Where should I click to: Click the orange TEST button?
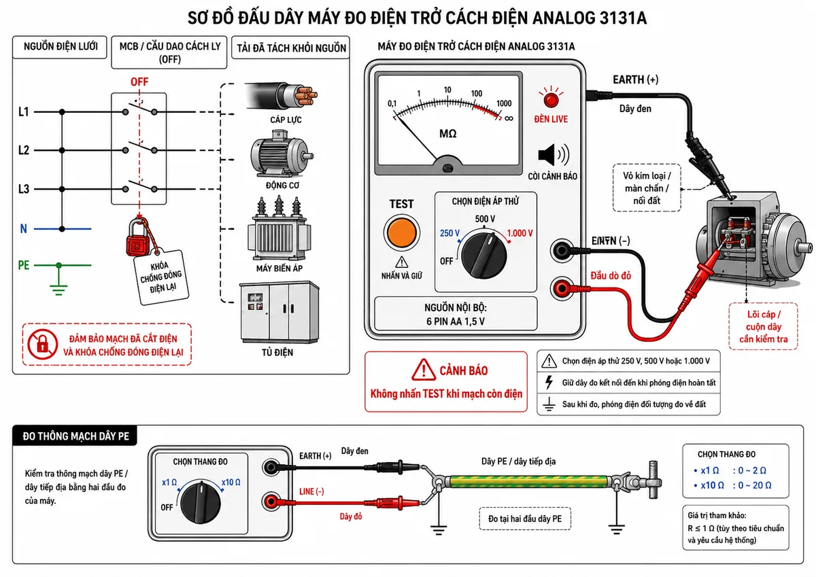401,233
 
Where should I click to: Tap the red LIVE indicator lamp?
551,99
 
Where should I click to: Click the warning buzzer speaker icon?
554,155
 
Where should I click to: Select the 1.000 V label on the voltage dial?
520,233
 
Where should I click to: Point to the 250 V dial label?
449,233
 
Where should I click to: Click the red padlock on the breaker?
137,237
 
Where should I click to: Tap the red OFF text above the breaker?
139,82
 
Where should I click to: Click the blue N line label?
23,228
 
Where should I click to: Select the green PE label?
24,265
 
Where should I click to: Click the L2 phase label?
24,150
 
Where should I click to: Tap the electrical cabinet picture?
279,313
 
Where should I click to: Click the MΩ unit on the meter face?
447,134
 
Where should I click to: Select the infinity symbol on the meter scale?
509,118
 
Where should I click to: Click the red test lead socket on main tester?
562,289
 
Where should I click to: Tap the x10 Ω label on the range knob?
231,483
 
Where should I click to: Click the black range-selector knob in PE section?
201,502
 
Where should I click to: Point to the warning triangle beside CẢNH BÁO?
424,370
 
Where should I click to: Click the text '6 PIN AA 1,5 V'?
456,321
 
